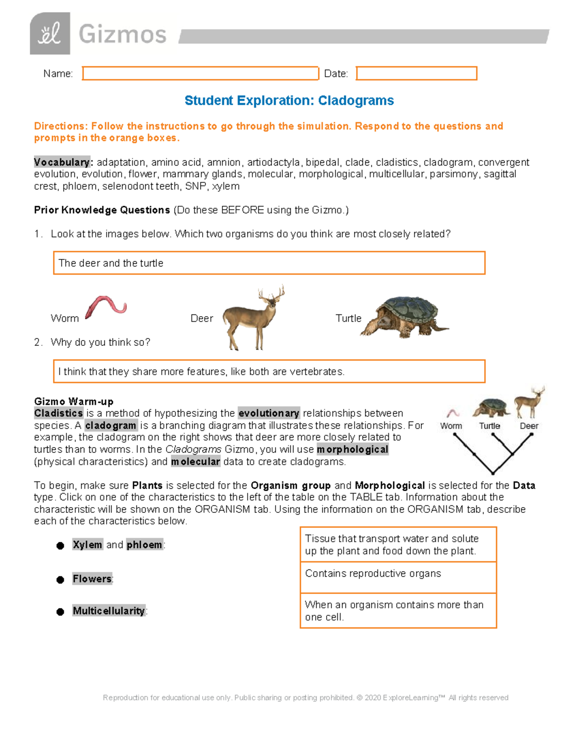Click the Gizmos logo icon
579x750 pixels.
click(x=50, y=34)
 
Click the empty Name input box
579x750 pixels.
click(x=200, y=73)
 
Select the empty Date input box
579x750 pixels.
click(x=416, y=73)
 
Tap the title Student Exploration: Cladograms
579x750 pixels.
click(x=289, y=100)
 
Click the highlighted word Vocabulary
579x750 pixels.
click(x=62, y=162)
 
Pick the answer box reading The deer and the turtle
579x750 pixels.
click(x=269, y=263)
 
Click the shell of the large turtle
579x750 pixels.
click(x=408, y=310)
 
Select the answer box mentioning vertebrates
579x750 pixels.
click(x=269, y=371)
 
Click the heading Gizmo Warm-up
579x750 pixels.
click(x=74, y=401)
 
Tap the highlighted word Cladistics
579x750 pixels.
click(x=58, y=413)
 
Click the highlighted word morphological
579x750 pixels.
click(x=352, y=450)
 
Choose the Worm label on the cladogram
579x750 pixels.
click(x=451, y=426)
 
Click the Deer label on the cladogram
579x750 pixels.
click(x=529, y=426)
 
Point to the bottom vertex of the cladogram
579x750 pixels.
click(x=493, y=473)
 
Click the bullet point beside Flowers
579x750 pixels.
click(x=60, y=580)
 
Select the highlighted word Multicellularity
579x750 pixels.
click(x=109, y=611)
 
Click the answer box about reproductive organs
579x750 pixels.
click(x=398, y=578)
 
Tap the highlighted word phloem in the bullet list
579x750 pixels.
click(x=144, y=545)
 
